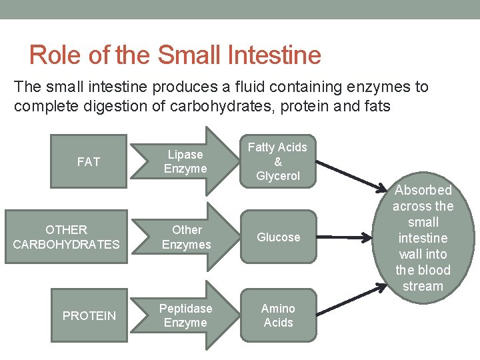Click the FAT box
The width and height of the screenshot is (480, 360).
(89, 161)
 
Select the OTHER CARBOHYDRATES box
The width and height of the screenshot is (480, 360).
(67, 237)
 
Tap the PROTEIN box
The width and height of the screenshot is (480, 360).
(89, 315)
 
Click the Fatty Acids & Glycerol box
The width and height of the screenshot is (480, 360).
(278, 161)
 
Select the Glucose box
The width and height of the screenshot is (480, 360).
(278, 237)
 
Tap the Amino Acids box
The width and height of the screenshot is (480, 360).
(278, 315)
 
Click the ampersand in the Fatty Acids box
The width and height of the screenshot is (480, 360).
(278, 162)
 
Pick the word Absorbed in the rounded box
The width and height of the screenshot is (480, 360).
(423, 190)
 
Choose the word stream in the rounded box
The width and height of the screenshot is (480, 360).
(423, 286)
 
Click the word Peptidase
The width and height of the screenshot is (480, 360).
(185, 309)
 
